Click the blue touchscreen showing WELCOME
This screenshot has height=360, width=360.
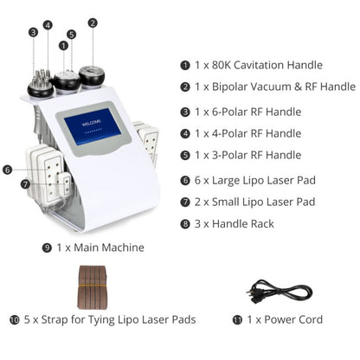pos(93,131)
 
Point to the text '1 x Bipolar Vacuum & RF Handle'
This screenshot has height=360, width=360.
pos(273,87)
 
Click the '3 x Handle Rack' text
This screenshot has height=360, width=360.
pos(233,224)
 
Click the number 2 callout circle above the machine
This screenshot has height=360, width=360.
pos(93,23)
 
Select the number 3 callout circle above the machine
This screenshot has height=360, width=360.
pos(33,32)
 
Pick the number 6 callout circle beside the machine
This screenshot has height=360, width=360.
pos(8,170)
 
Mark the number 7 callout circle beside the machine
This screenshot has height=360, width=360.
pos(25,183)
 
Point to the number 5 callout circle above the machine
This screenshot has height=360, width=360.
pos(71,35)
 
